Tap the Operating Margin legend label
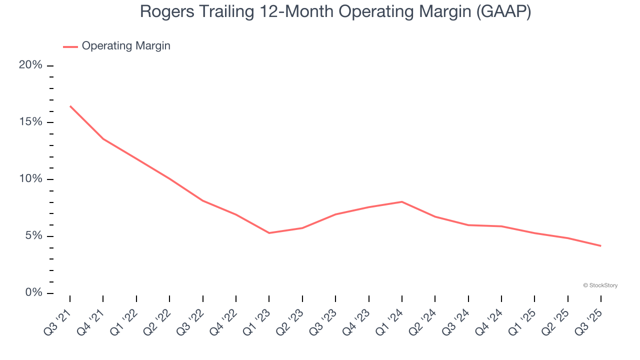pos(126,46)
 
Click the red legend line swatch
pos(70,46)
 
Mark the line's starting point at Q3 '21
pos(70,106)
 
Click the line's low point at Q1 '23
pos(269,233)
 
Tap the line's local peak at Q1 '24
pos(402,201)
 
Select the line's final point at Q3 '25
pos(600,246)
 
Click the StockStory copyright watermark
pos(600,285)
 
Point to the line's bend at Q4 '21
pos(103,138)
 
